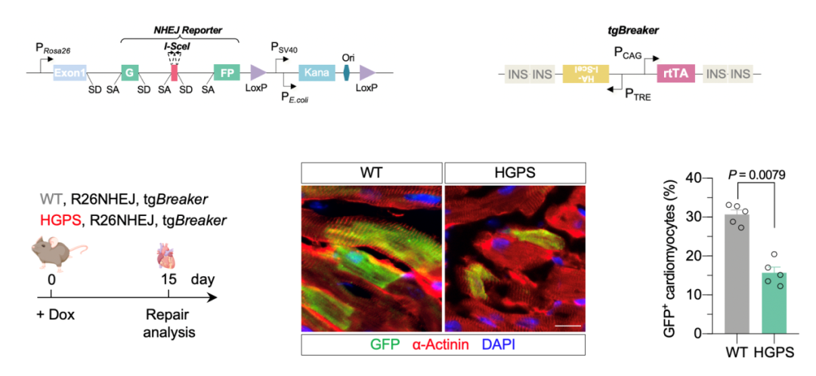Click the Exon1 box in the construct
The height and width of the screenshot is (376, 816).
70,72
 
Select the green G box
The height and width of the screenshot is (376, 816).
129,72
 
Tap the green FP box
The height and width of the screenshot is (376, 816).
227,72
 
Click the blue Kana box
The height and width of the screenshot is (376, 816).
317,72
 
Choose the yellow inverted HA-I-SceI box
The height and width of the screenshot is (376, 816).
586,73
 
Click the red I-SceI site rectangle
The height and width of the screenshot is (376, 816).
175,72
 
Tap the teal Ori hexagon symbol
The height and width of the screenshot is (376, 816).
346,72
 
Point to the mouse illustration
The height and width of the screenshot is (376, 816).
59,251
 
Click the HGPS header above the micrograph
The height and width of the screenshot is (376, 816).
515,171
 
